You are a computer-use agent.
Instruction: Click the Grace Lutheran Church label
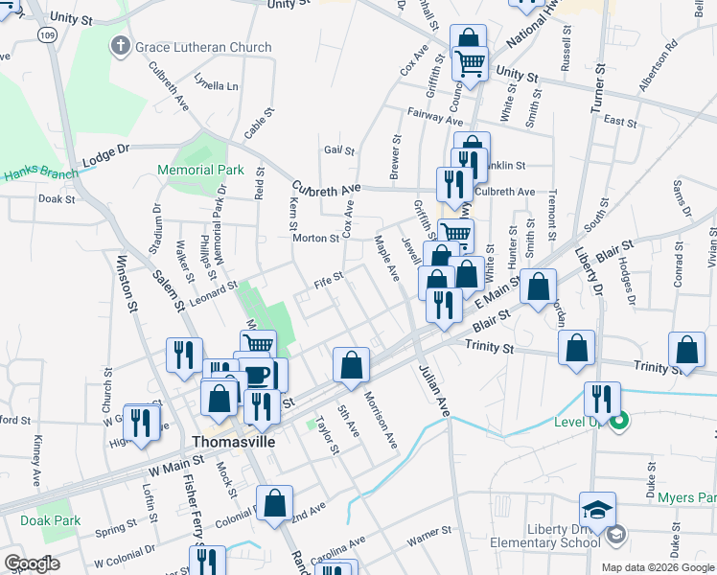click(x=203, y=47)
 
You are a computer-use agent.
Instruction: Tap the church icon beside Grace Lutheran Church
click(x=121, y=46)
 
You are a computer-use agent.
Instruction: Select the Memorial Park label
click(x=201, y=170)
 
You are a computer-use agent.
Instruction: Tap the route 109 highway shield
click(x=45, y=34)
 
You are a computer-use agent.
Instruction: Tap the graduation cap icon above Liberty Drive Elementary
click(x=597, y=509)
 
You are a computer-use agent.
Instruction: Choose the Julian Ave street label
click(x=431, y=391)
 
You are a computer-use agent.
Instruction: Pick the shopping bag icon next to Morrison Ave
click(x=352, y=364)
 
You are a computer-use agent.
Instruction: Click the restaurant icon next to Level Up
click(x=601, y=399)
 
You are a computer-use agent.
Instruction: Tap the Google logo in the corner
click(x=33, y=563)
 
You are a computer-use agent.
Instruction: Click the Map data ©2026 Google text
click(x=657, y=567)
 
